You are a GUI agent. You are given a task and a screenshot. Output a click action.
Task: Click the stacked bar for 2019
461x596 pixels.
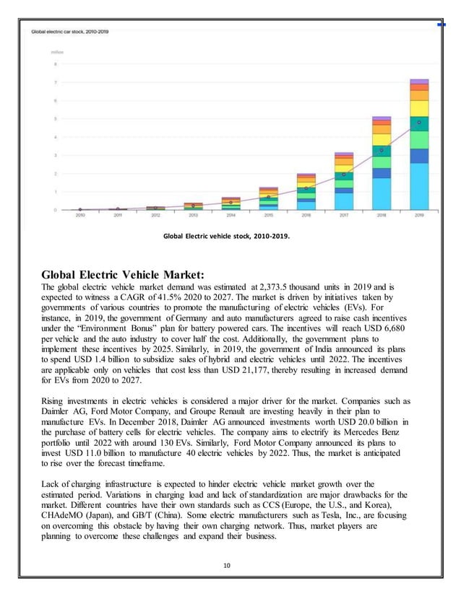pos(419,144)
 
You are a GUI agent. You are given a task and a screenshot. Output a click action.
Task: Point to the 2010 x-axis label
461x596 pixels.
pos(80,215)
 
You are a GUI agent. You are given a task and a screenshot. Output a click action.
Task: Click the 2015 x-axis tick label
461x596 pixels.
pos(268,215)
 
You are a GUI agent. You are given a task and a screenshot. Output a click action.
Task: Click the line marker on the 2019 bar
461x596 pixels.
pos(419,123)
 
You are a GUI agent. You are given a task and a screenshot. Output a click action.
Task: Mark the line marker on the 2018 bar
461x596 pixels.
pos(382,151)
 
